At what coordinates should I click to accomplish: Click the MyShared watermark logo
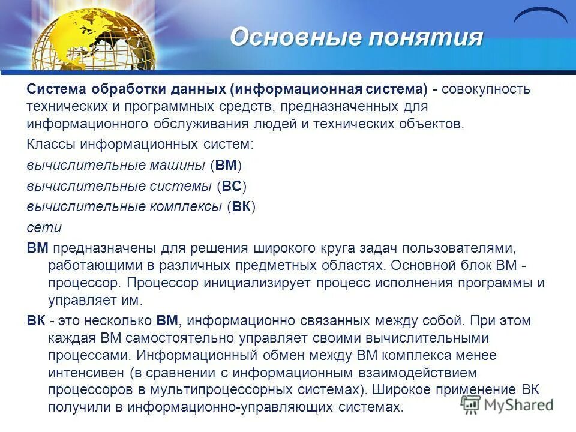tap(507, 404)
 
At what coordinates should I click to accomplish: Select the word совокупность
tap(487, 89)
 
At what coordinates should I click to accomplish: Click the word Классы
tap(50, 145)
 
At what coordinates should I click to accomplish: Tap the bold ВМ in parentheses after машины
tap(226, 166)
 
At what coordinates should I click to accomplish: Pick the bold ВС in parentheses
tap(231, 186)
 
